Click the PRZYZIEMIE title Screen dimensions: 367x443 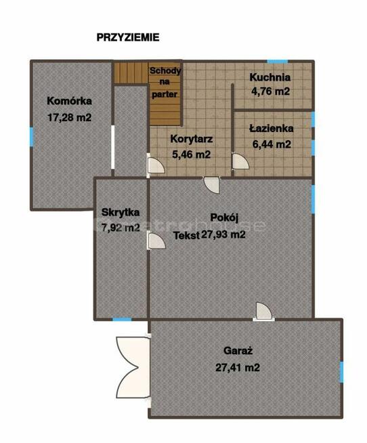[x=128, y=37]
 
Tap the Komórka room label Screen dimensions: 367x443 [x=70, y=101]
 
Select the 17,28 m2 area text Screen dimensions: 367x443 [x=70, y=117]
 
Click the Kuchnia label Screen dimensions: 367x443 [x=269, y=77]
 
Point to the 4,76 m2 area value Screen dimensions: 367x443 [x=270, y=91]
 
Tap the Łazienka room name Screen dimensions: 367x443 [x=272, y=129]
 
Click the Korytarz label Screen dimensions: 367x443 [x=192, y=139]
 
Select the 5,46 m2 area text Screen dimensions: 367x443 [x=192, y=154]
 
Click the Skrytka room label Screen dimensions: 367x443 [x=121, y=212]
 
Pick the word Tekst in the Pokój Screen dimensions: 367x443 [x=186, y=236]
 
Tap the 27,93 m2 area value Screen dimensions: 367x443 [x=223, y=234]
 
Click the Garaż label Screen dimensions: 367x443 [x=238, y=351]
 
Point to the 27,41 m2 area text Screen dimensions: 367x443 [x=238, y=367]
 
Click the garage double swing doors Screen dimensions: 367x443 [x=133, y=367]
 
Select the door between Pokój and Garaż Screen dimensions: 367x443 [x=264, y=312]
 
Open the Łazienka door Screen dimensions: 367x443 [x=240, y=161]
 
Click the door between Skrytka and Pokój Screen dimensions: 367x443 [x=156, y=241]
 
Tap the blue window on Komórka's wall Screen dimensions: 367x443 [x=32, y=137]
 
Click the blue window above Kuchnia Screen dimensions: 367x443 [x=278, y=62]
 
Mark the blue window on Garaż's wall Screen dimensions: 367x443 [x=341, y=372]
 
